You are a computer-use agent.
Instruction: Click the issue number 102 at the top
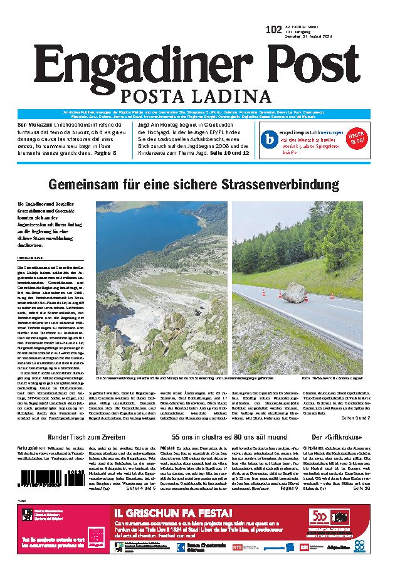point(274,29)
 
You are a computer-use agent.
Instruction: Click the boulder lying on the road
point(295,293)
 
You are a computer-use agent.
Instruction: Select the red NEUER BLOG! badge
point(355,137)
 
